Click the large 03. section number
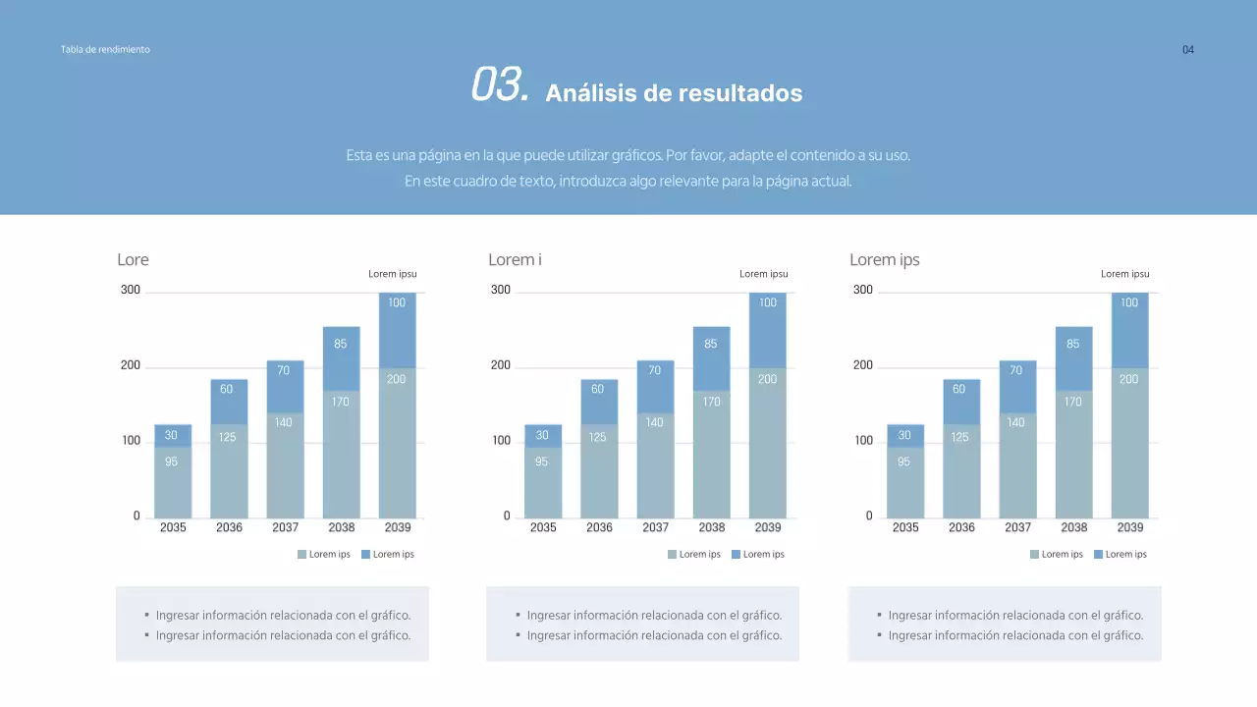click(500, 85)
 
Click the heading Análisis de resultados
click(674, 93)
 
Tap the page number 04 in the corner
click(1187, 50)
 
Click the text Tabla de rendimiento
click(105, 49)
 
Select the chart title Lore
click(133, 260)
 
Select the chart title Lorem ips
click(884, 260)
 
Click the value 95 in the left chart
click(171, 462)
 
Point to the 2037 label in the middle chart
click(655, 527)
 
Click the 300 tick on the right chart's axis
click(862, 290)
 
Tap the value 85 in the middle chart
click(711, 344)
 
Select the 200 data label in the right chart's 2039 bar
click(1129, 379)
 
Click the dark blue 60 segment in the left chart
click(227, 390)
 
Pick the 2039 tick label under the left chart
click(397, 527)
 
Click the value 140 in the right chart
click(1016, 422)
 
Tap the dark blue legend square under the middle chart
click(736, 555)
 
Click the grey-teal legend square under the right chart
click(1034, 555)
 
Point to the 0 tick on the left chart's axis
click(137, 517)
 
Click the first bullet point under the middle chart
click(654, 616)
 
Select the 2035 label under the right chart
click(905, 527)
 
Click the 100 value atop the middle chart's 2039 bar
click(767, 302)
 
